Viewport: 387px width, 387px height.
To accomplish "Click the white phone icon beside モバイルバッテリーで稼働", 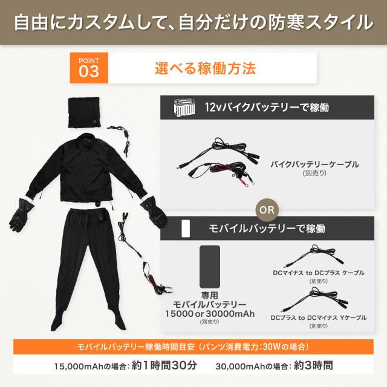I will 186,229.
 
